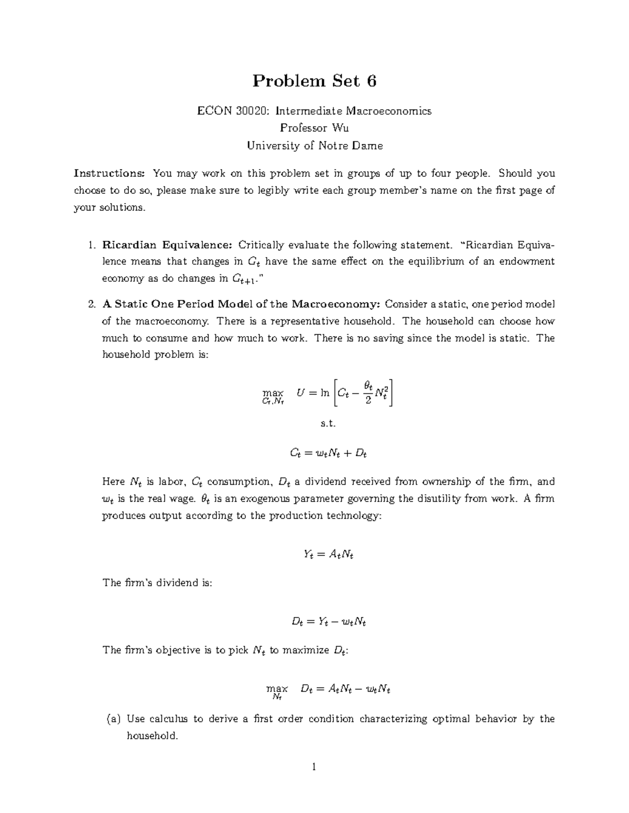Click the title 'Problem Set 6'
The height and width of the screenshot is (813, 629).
click(314, 81)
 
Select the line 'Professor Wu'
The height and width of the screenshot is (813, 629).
click(314, 128)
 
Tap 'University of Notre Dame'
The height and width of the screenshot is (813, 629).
click(314, 146)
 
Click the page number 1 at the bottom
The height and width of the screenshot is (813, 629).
click(314, 767)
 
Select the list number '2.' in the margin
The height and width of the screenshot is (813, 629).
click(92, 304)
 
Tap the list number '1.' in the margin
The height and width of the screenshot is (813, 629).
click(92, 244)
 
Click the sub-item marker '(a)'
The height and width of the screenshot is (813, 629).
click(113, 719)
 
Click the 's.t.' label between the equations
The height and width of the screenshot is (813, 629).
click(328, 424)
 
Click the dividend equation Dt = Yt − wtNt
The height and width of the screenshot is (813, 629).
click(328, 622)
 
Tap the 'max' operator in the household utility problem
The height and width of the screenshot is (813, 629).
click(273, 393)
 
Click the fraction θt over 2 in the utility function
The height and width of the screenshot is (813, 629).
click(368, 393)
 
